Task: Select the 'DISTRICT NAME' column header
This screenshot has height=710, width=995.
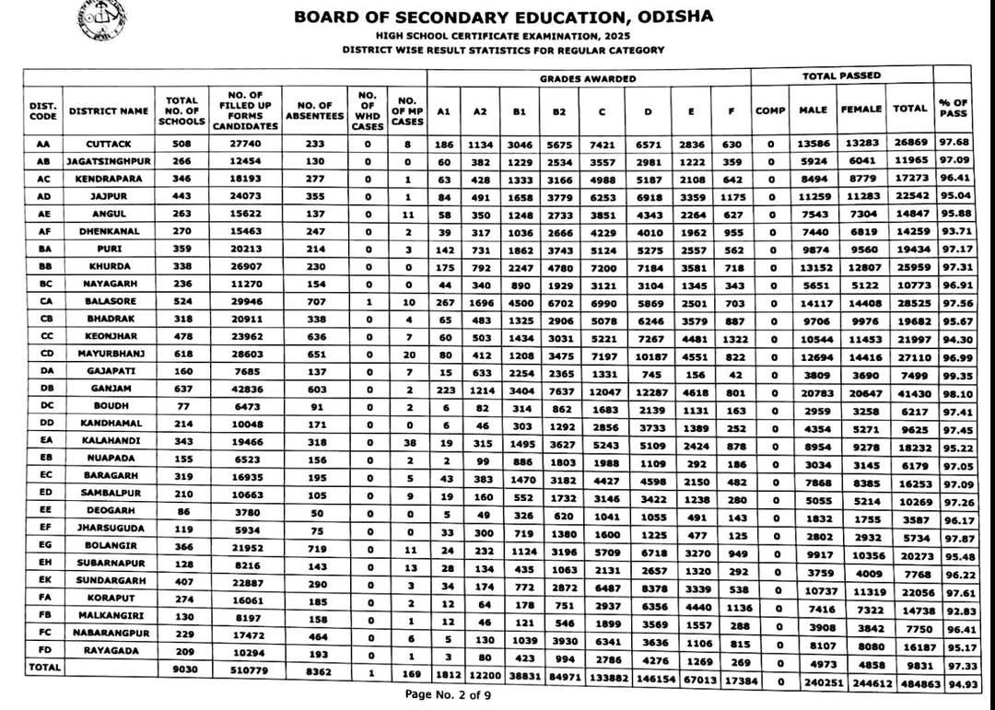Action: [x=108, y=111]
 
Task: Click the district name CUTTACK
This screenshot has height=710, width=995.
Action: [x=109, y=144]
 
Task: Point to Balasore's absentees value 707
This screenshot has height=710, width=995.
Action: [x=315, y=302]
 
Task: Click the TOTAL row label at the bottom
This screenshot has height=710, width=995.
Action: [x=45, y=667]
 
